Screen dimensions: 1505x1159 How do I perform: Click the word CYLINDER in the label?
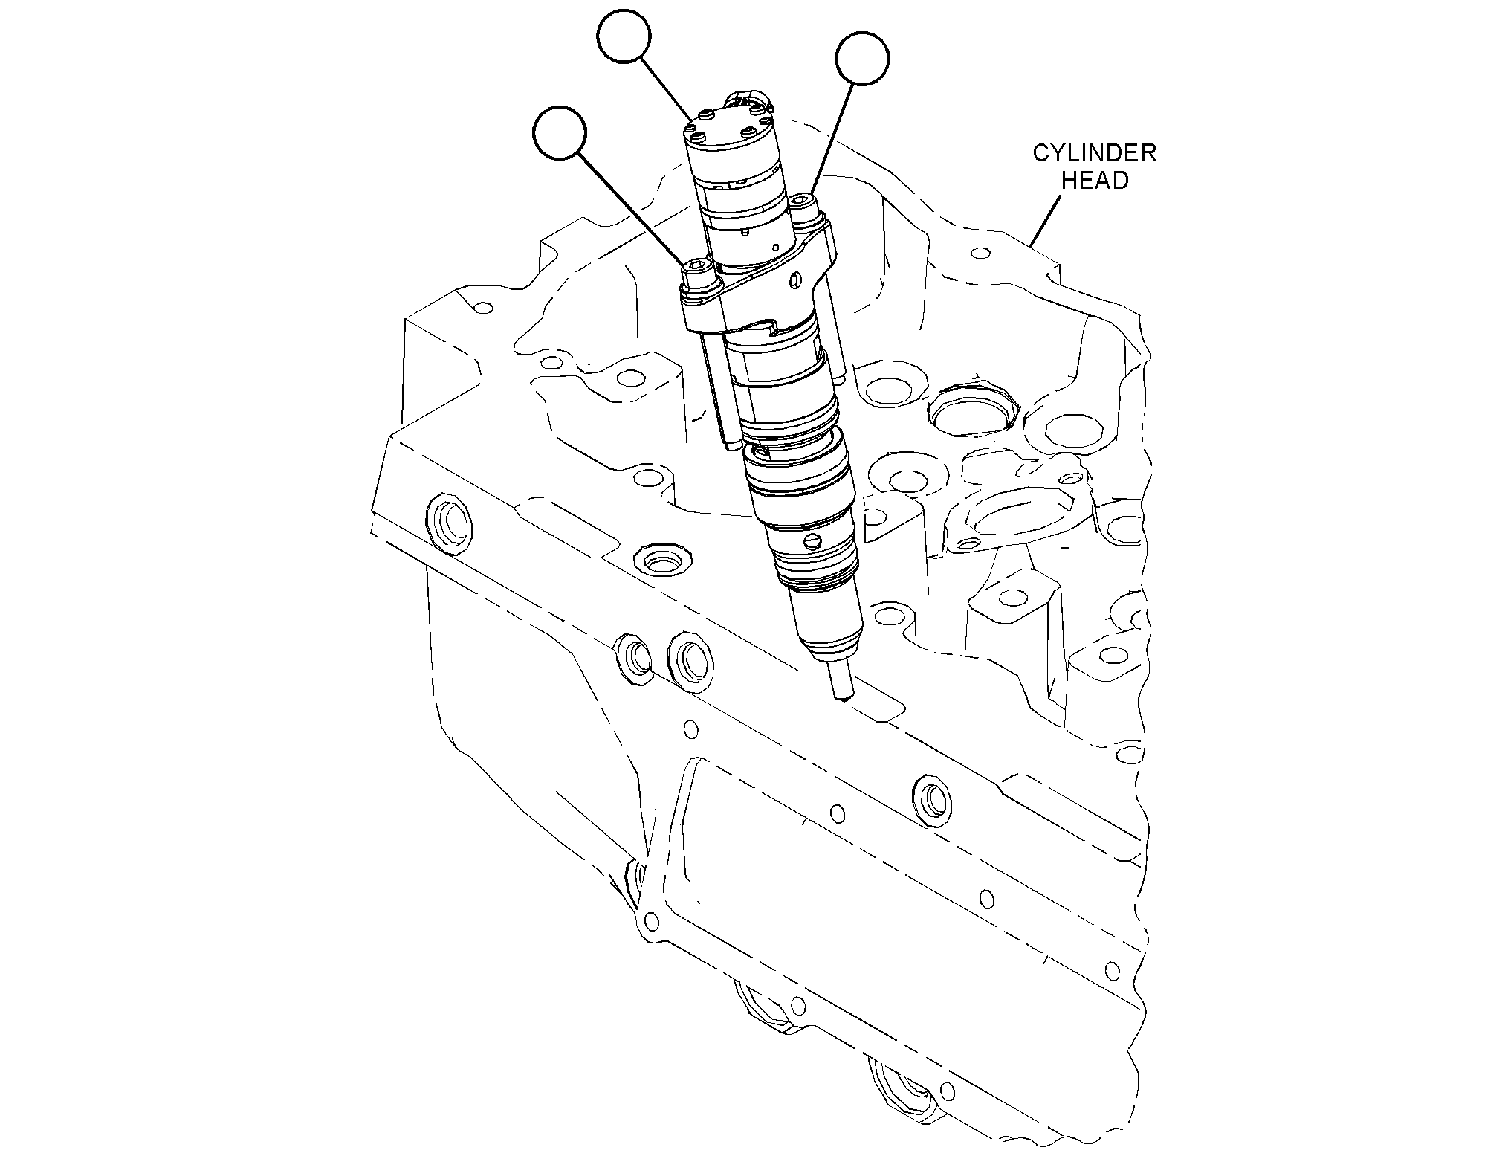pos(1094,154)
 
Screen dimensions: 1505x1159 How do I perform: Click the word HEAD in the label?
pos(1095,180)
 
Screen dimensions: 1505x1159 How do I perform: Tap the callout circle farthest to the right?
pos(862,59)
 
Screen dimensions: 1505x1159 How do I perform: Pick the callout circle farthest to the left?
pos(560,132)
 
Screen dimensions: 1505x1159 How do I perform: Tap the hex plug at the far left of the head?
pos(446,524)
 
